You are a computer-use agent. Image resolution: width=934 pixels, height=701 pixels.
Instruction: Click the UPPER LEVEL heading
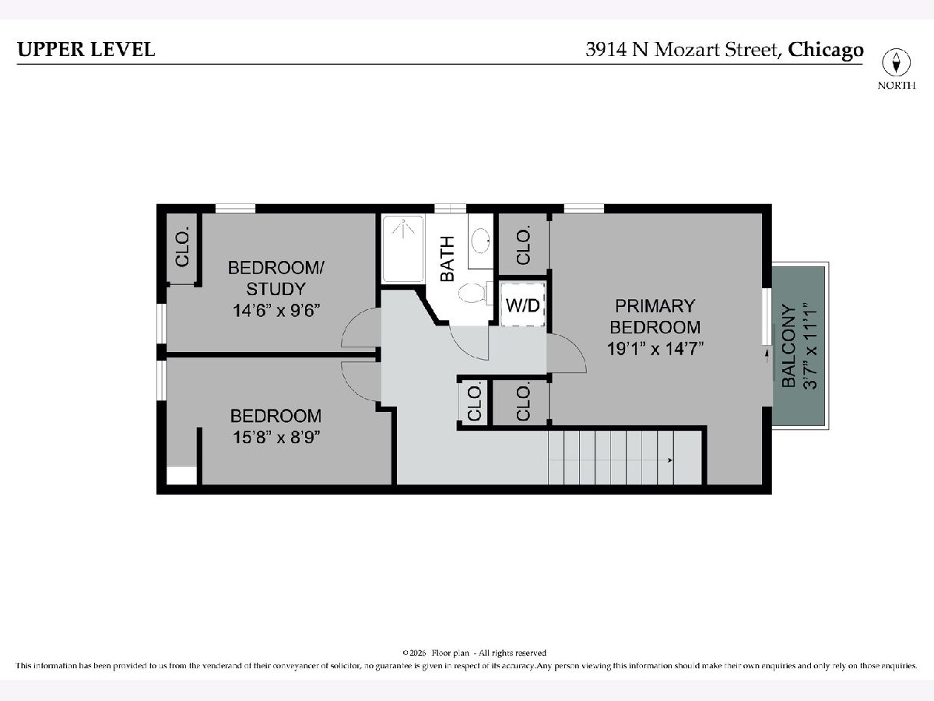point(86,49)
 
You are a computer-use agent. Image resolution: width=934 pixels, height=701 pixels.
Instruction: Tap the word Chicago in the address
point(826,51)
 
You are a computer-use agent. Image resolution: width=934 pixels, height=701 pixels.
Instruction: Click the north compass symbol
point(896,63)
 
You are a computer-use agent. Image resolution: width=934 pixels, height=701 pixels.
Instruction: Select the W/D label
point(523,305)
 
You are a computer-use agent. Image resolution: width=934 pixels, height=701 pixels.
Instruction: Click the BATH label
point(448,259)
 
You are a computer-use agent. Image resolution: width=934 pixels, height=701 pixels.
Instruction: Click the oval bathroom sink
point(481,241)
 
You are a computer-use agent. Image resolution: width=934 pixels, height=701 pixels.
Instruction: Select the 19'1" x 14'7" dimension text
point(655,349)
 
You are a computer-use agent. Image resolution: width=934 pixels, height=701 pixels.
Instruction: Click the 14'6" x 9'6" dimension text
point(276,310)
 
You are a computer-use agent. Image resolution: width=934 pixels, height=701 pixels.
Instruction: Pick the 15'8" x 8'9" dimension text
point(276,437)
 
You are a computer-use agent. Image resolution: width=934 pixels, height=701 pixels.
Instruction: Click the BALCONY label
point(789,346)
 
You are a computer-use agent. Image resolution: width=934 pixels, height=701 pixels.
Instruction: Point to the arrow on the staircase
point(670,460)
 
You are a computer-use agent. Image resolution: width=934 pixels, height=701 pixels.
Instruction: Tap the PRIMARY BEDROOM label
point(655,317)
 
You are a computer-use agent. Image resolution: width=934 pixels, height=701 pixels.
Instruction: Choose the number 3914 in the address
point(606,50)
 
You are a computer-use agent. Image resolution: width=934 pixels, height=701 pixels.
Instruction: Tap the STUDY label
point(276,289)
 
